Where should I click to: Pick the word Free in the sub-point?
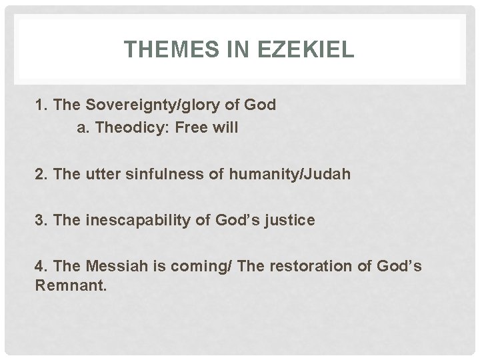[x=192, y=129]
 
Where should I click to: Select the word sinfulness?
[x=155, y=175]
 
